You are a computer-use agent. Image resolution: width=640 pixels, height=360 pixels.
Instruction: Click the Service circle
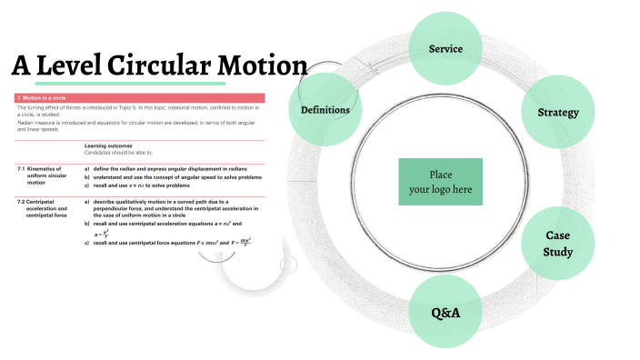445,48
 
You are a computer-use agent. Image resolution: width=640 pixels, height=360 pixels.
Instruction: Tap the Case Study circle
558,244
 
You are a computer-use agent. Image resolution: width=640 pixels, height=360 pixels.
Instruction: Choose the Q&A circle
445,313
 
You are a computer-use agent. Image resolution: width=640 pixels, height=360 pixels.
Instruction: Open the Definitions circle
325,110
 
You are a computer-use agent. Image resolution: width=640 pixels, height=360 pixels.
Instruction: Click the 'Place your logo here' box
440,181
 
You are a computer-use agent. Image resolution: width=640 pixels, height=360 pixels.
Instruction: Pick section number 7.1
20,169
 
